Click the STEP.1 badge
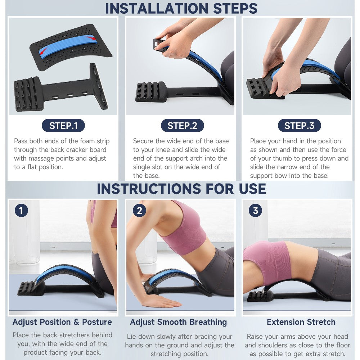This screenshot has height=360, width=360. [63, 126]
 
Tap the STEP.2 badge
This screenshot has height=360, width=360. [183, 126]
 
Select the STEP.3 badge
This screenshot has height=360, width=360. [299, 126]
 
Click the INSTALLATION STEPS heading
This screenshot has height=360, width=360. [181, 8]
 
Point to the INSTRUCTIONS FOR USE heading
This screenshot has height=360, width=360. [181, 189]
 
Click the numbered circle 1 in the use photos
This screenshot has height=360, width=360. [21, 211]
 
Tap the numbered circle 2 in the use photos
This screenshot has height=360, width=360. [139, 211]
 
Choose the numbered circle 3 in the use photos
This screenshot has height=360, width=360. [255, 211]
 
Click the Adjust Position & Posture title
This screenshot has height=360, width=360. [62, 322]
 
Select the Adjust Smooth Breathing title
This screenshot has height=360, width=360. [178, 322]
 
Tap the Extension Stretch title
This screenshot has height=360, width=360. [301, 322]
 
